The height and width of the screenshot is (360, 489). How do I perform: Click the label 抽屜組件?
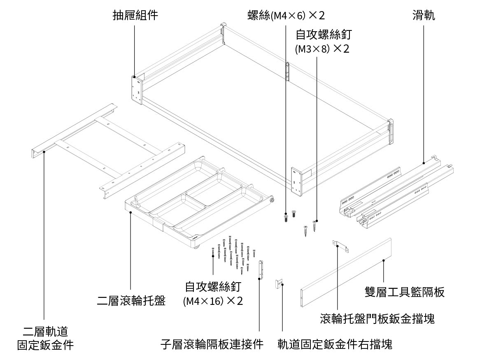point(135,16)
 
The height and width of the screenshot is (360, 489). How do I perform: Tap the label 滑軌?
point(424,16)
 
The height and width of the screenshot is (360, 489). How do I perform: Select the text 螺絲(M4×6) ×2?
point(286,16)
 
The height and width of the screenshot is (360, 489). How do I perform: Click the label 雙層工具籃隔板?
point(405,292)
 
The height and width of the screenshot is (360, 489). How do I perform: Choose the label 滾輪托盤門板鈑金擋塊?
point(377,319)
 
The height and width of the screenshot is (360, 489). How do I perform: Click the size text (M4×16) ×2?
point(213,301)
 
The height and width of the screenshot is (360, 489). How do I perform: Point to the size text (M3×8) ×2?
point(322,49)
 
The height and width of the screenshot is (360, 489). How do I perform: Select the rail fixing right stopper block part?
point(279,284)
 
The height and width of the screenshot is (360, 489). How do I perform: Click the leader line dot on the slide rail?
point(424,164)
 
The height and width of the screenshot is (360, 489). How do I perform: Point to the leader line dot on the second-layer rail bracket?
point(44,151)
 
